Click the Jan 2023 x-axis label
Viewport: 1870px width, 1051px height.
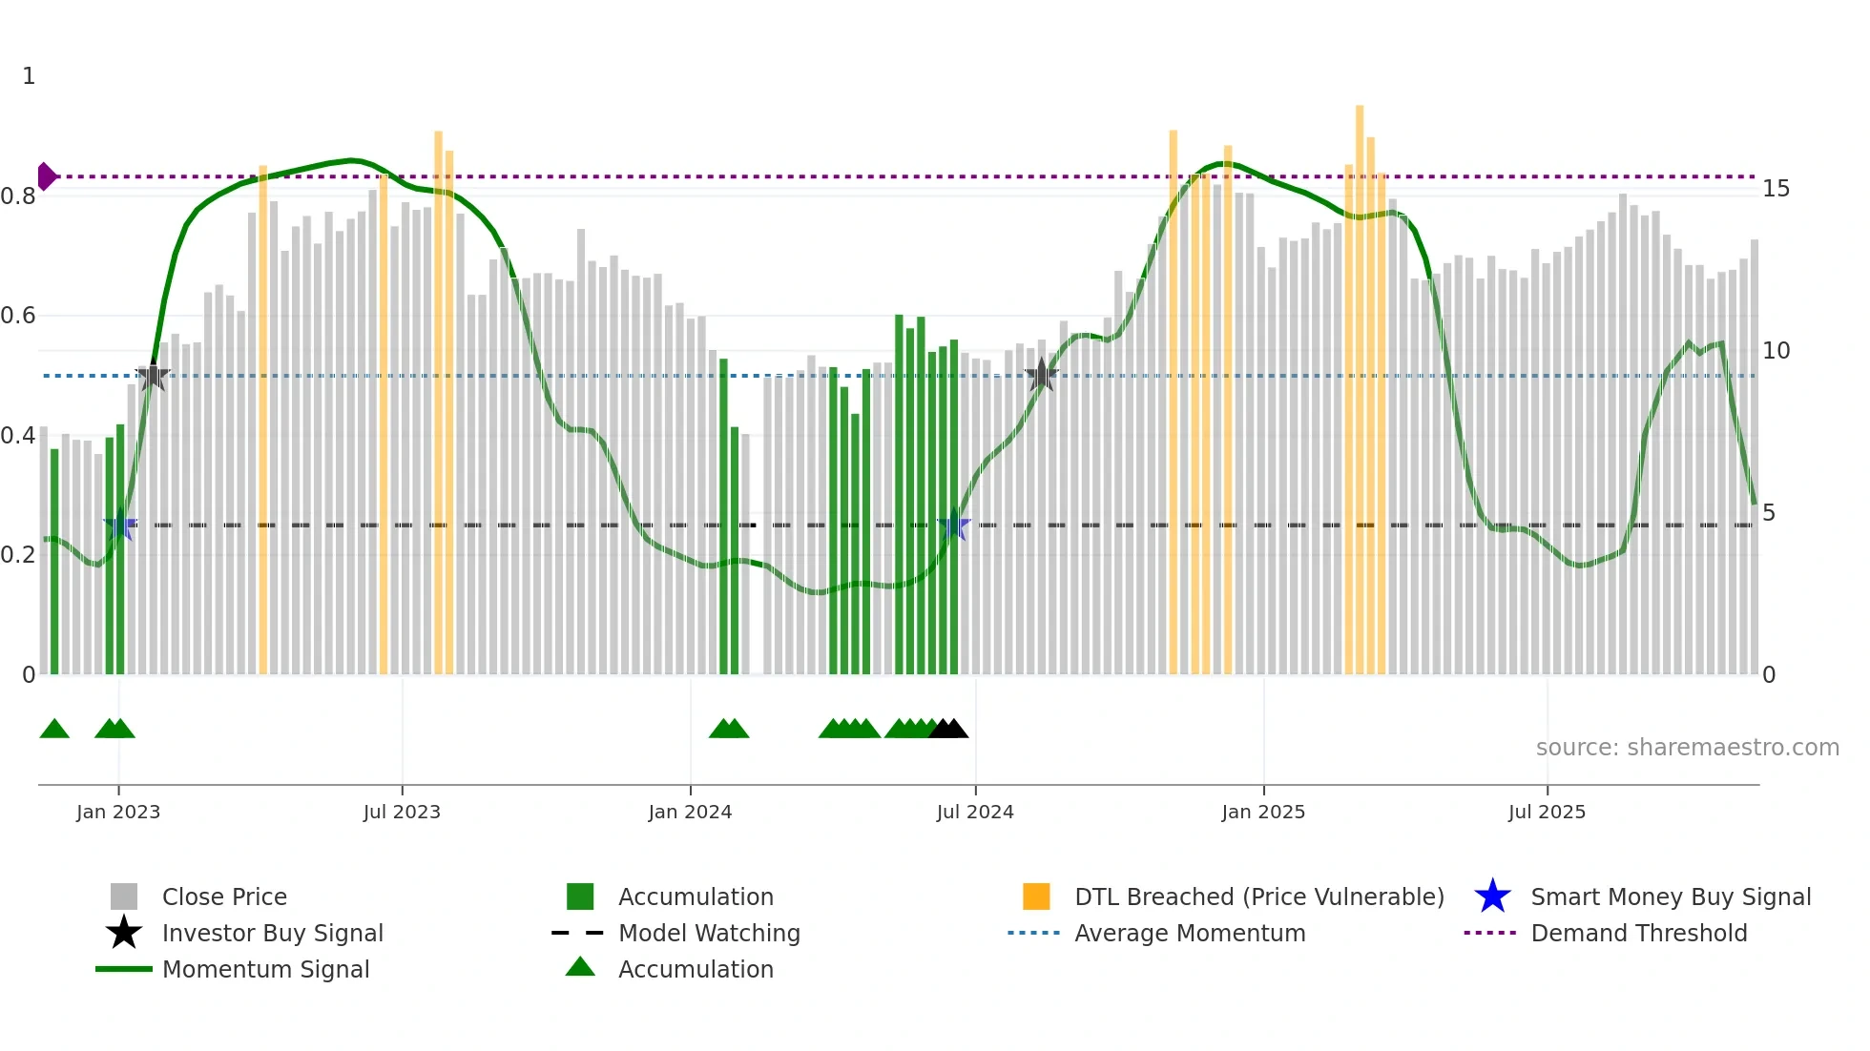118,813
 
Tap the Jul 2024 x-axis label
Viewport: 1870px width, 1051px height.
975,813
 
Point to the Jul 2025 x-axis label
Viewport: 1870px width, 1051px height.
1547,813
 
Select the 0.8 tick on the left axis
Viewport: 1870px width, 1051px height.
18,196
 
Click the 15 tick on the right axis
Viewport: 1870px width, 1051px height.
1776,189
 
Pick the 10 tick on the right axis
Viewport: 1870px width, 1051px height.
1776,351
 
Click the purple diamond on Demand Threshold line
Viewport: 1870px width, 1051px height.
46,176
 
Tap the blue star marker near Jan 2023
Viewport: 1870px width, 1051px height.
119,525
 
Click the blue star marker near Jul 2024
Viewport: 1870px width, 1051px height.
953,525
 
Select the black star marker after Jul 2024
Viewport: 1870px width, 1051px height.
1041,376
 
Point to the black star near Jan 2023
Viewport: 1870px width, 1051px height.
153,376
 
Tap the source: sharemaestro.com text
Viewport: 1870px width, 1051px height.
1687,748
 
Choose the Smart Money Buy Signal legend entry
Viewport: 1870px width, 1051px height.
1670,897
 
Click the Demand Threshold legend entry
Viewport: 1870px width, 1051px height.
1638,934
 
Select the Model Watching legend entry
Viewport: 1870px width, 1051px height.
708,934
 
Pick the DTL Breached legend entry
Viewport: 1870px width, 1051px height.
1258,897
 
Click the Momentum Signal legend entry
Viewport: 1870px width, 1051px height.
265,970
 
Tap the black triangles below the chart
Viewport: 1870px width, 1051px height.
948,730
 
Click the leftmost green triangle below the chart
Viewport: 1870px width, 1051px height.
54,730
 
